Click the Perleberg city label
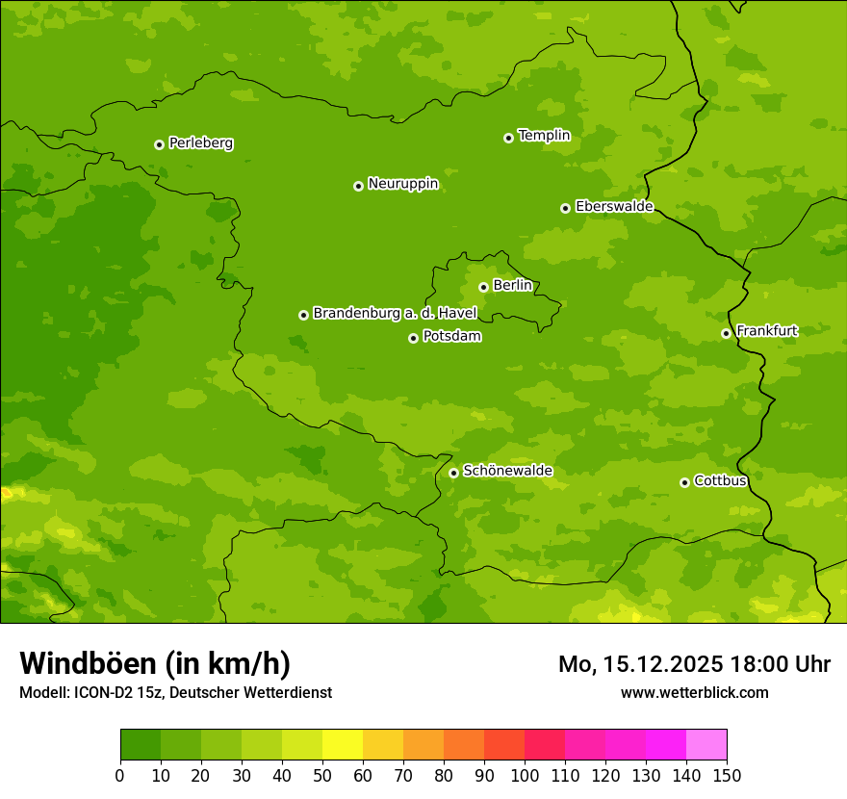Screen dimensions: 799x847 tap(200, 143)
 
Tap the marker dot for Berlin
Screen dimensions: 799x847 tap(483, 287)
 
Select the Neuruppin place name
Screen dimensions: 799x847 tap(402, 184)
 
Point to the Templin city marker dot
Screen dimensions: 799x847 tap(508, 138)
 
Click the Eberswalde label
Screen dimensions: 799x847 tap(613, 207)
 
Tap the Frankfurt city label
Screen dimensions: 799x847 tap(766, 331)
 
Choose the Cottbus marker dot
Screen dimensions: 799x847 tap(684, 482)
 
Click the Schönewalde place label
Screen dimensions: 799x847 tap(507, 471)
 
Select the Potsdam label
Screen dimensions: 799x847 tap(451, 337)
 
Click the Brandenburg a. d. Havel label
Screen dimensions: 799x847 tap(395, 314)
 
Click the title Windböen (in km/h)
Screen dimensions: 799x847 tap(155, 663)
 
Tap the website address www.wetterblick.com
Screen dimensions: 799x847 tap(694, 692)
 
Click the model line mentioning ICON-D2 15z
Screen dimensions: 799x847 tap(175, 692)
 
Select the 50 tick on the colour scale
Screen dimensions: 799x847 tap(322, 775)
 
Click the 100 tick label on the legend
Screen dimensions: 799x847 tap(525, 775)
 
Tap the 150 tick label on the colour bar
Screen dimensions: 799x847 tap(727, 775)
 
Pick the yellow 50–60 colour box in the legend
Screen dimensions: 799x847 tap(343, 745)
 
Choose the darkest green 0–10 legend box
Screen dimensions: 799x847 tap(141, 745)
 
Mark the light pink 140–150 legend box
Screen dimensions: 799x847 tap(706, 745)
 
